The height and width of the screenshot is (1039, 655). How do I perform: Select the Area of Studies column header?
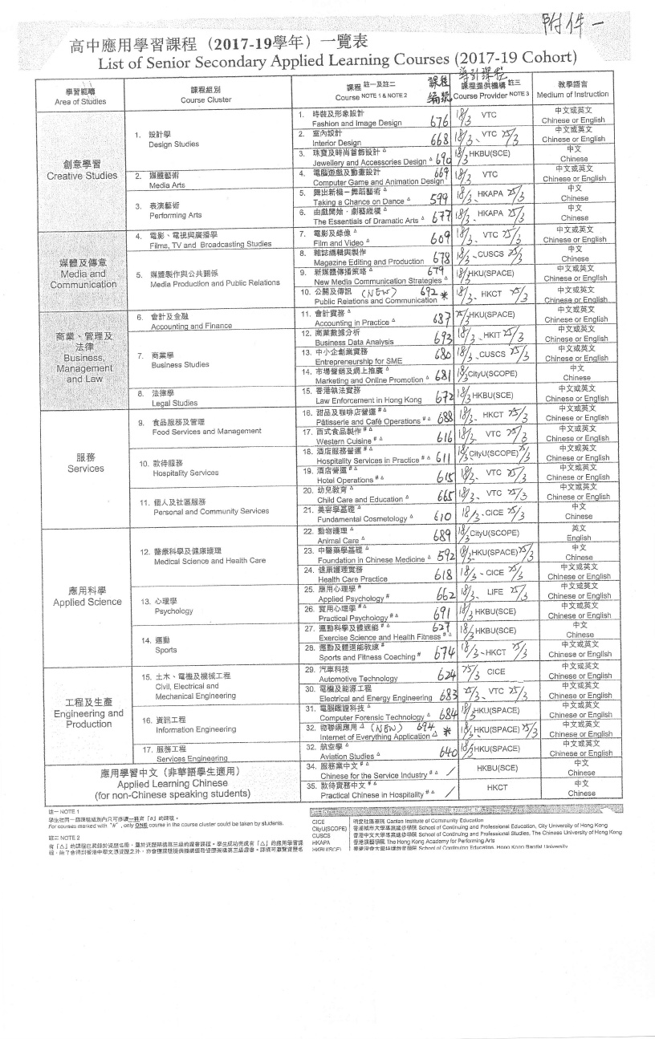(x=80, y=97)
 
